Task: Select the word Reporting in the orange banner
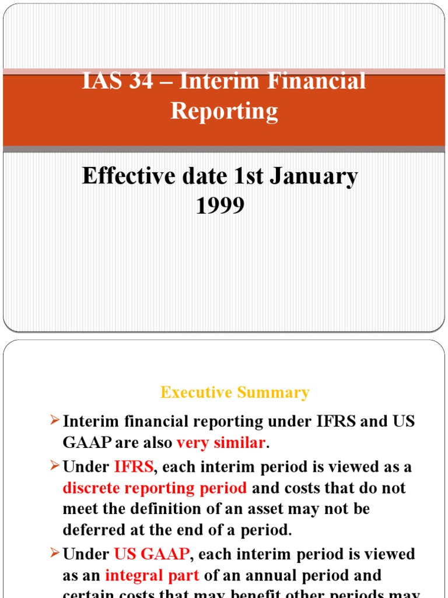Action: pyautogui.click(x=224, y=111)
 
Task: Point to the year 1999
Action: pyautogui.click(x=220, y=205)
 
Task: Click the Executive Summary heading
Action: pyautogui.click(x=235, y=392)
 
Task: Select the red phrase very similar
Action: pyautogui.click(x=220, y=443)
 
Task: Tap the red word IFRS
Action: pyautogui.click(x=134, y=467)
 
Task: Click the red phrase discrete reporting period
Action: pyautogui.click(x=155, y=488)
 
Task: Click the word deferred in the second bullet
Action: pyautogui.click(x=93, y=531)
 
